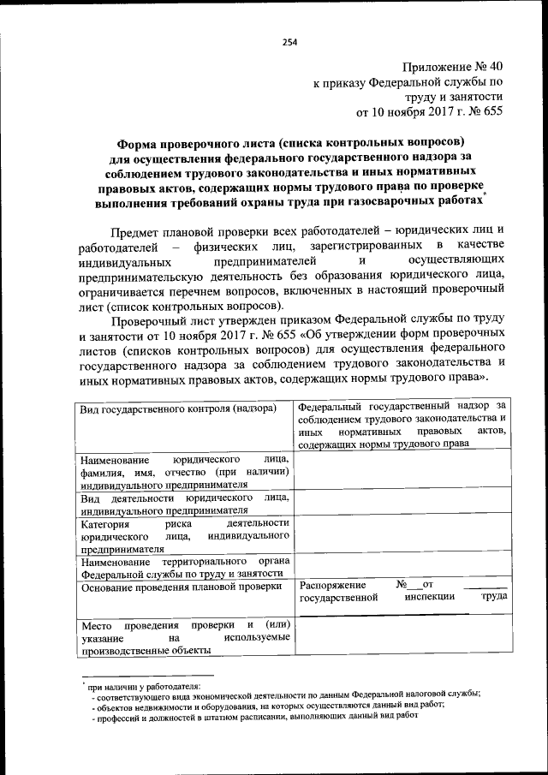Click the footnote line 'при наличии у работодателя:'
pos(143,685)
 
